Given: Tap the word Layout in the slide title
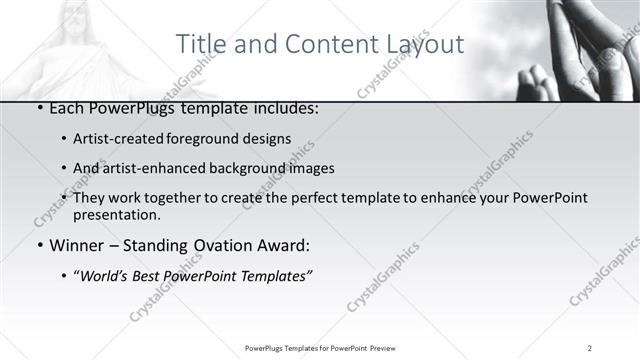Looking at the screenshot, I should click(x=426, y=44).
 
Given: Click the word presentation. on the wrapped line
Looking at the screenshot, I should click(x=117, y=214).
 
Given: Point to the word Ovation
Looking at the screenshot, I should click(x=217, y=245).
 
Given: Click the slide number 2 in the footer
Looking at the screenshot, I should click(x=590, y=348).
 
